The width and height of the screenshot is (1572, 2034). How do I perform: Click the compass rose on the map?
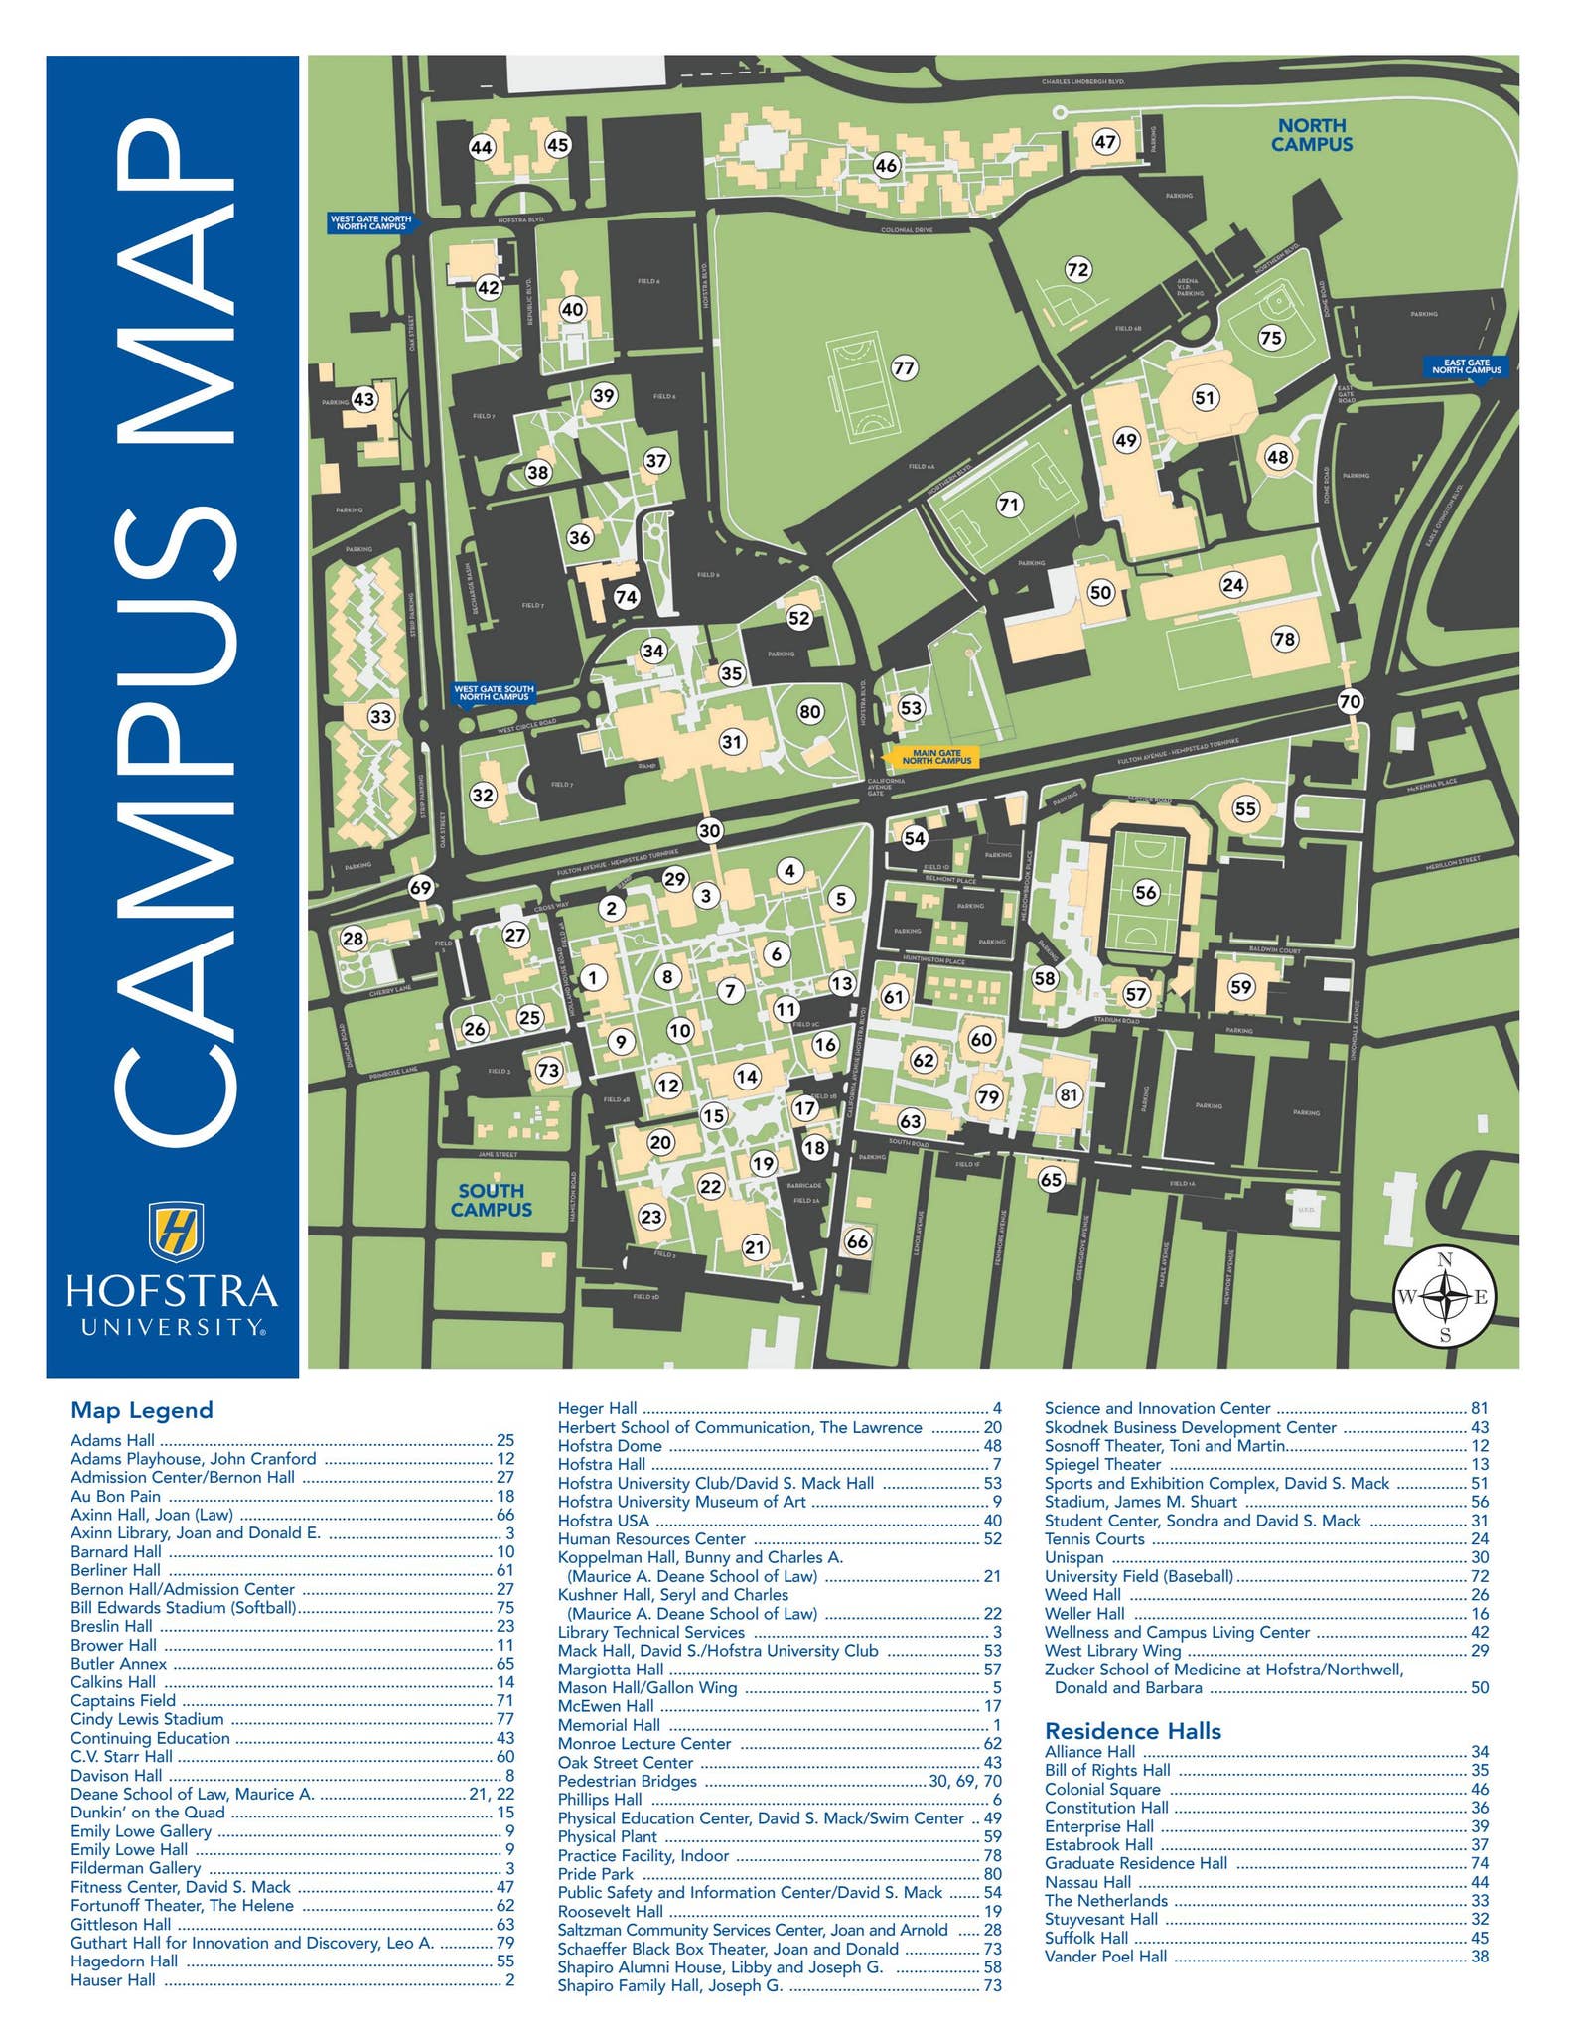click(x=1445, y=1296)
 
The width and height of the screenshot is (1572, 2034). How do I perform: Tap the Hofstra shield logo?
click(x=176, y=1230)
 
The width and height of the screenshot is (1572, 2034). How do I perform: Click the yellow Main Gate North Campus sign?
click(x=930, y=757)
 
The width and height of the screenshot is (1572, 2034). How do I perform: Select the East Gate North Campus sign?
click(x=1466, y=366)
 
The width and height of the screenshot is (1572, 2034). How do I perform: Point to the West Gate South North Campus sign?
click(x=494, y=692)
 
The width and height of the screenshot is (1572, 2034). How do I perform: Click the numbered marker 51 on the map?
click(x=1205, y=398)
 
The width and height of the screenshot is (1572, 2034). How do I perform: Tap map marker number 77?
click(x=903, y=368)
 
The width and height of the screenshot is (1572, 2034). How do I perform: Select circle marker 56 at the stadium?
click(x=1146, y=892)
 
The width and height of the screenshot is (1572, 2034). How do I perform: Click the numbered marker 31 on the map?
click(x=732, y=741)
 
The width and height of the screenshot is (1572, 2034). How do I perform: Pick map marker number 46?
click(x=886, y=166)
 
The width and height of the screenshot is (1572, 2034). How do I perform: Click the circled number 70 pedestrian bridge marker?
click(x=1349, y=701)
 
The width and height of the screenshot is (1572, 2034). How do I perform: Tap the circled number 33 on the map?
click(x=380, y=716)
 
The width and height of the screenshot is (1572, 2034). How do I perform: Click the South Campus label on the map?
click(x=491, y=1200)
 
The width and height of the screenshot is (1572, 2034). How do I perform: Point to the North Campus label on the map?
click(x=1312, y=134)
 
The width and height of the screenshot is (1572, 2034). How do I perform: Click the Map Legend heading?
click(x=142, y=1410)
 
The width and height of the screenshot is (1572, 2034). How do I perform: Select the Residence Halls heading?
click(x=1132, y=1731)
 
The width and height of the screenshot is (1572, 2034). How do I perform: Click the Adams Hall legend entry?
click(x=113, y=1440)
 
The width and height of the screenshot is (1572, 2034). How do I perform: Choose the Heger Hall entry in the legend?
click(x=598, y=1408)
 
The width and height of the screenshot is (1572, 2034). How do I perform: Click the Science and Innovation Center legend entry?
click(x=1157, y=1408)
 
